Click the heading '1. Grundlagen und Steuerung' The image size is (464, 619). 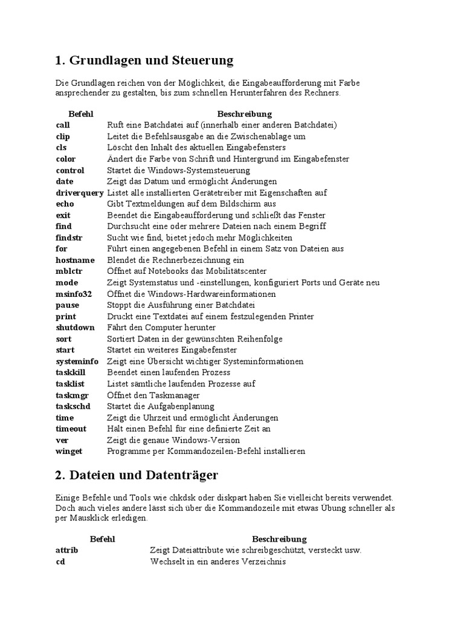point(144,60)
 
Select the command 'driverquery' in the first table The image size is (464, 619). point(80,193)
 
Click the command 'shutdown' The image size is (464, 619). point(76,328)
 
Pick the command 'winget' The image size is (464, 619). point(69,451)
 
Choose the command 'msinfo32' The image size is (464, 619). point(74,294)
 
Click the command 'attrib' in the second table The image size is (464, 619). point(67,550)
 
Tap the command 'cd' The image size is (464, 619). point(60,562)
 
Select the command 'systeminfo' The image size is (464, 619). point(77,361)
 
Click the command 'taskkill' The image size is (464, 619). point(71,372)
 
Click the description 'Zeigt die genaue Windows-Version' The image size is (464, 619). point(173,440)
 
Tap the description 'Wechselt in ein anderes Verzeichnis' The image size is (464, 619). point(218,562)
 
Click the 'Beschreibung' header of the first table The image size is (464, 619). point(244,114)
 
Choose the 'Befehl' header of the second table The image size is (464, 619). point(102,539)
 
